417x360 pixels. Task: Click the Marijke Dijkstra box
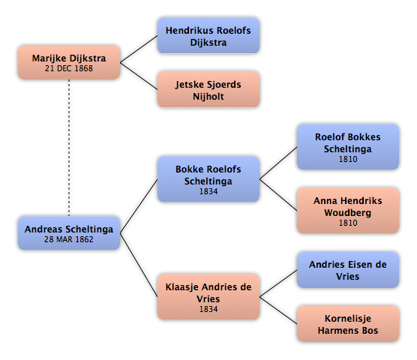[69, 62]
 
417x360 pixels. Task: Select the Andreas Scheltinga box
[69, 233]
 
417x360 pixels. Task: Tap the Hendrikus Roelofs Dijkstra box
[208, 36]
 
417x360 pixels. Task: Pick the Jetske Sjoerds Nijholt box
[208, 89]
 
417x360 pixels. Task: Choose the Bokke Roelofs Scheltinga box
[208, 179]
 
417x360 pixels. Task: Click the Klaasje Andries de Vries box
[208, 297]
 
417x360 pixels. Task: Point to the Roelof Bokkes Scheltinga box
[348, 147]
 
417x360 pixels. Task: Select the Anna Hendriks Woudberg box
[348, 211]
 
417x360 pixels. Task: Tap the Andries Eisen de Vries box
[348, 270]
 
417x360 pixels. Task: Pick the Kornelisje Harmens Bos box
[348, 324]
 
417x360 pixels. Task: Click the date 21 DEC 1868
[69, 68]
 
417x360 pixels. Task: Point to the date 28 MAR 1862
[69, 239]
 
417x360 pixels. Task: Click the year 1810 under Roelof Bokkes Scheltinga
[348, 159]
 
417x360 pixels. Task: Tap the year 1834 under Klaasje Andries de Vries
[208, 309]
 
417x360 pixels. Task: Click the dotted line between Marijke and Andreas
[69, 148]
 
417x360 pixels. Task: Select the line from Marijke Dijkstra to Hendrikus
[139, 49]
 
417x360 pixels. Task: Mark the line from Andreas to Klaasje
[139, 265]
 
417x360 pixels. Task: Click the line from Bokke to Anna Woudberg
[278, 195]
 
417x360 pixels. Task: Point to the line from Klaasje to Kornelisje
[278, 310]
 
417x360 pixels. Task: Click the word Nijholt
[208, 96]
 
